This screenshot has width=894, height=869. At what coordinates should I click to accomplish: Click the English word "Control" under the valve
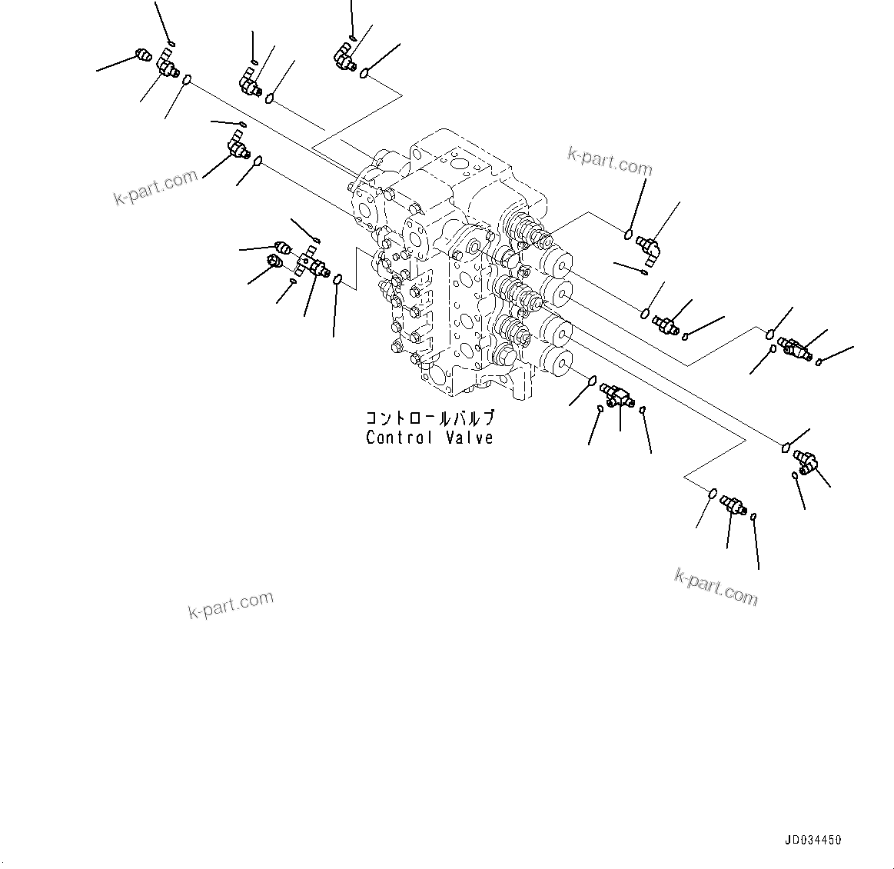(x=400, y=438)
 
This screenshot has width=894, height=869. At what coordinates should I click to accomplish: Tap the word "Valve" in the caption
(x=469, y=438)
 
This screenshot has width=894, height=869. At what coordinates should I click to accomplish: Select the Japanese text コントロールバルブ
(x=429, y=420)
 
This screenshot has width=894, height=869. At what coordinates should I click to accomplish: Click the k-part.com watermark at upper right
(x=609, y=161)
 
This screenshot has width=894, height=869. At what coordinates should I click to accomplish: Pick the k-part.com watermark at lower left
(x=231, y=605)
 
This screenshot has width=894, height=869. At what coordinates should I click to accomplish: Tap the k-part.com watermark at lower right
(x=716, y=588)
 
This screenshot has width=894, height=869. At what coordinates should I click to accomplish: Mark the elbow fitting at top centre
(x=343, y=57)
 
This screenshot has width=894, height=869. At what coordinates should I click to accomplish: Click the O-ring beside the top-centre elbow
(x=365, y=73)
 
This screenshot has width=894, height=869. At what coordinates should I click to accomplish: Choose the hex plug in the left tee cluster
(x=273, y=263)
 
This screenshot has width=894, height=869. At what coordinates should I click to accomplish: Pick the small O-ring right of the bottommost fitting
(x=753, y=515)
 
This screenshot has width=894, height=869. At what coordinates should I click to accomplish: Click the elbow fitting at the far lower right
(x=806, y=461)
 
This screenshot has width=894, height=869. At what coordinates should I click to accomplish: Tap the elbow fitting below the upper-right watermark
(x=649, y=248)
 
